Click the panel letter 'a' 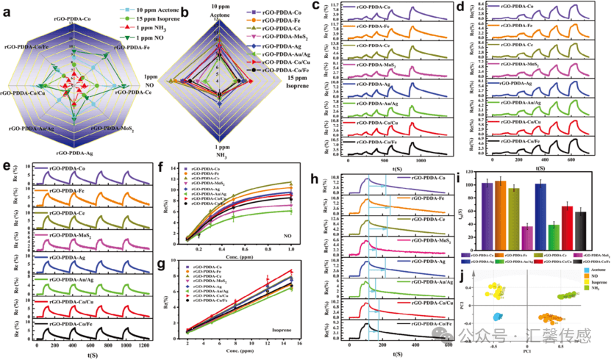(x=8, y=12)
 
